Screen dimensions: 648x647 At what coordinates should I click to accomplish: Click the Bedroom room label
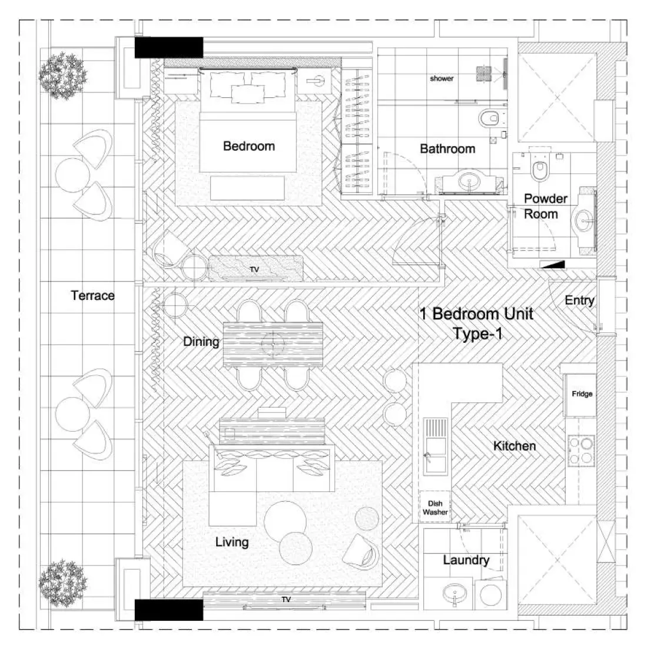click(x=248, y=146)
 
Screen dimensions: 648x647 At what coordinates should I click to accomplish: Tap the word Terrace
click(x=92, y=295)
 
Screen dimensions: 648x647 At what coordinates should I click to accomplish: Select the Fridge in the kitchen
click(x=582, y=394)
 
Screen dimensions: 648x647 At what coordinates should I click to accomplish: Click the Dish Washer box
click(x=435, y=507)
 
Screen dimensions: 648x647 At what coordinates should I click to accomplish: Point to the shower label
click(x=442, y=78)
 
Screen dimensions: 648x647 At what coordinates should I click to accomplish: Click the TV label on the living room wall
click(x=286, y=600)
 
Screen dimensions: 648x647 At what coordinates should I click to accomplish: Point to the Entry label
click(x=579, y=300)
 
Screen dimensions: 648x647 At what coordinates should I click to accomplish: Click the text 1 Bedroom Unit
click(x=477, y=313)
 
